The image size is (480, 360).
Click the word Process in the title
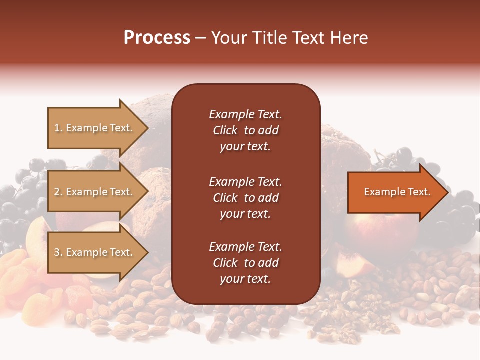pos(157,38)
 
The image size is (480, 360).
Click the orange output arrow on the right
pos(395,192)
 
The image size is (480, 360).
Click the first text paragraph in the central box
pos(245,130)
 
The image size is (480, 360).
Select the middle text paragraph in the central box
pos(245,198)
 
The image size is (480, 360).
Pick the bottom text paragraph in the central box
pos(245,263)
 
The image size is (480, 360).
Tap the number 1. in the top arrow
pos(58,128)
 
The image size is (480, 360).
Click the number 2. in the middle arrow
pos(58,192)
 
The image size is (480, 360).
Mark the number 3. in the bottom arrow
pos(58,252)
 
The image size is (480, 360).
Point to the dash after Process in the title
pos(200,38)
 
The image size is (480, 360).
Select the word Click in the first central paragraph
pos(225,130)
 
